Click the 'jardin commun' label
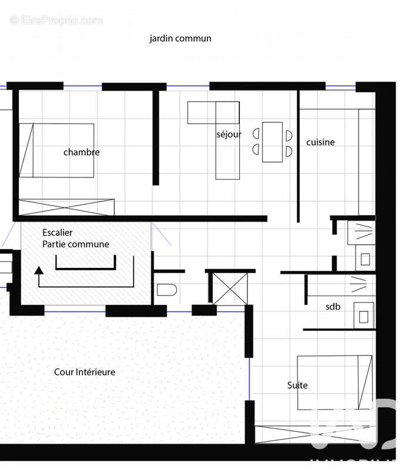tap(180, 39)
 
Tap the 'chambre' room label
tap(81, 152)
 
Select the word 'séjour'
tap(229, 135)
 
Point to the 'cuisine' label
tap(320, 142)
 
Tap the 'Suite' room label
tap(297, 385)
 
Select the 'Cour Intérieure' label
tap(85, 372)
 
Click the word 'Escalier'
tap(58, 233)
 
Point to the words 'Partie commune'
tap(76, 244)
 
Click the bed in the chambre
tap(56, 150)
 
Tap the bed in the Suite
tap(334, 382)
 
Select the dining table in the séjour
tap(272, 142)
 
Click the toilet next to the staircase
tap(167, 290)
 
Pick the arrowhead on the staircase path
tap(39, 270)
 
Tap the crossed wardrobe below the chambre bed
tap(66, 207)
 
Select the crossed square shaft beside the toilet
tap(230, 288)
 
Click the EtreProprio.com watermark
tap(56, 20)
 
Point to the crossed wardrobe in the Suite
tap(315, 434)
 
